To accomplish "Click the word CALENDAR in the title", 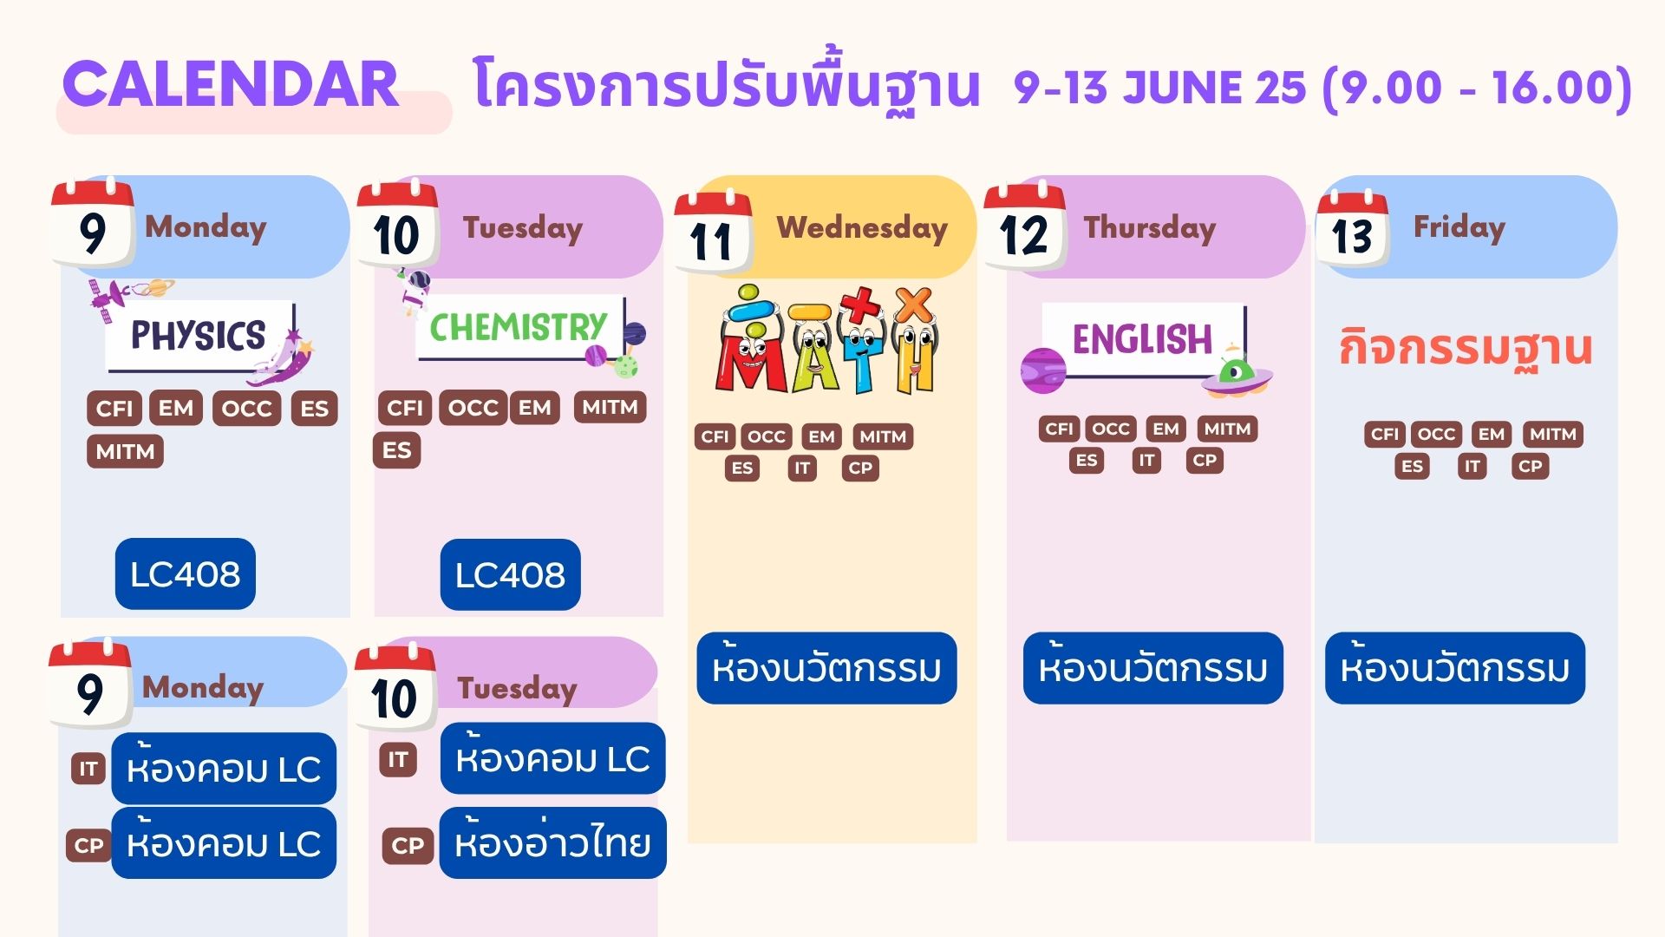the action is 231,84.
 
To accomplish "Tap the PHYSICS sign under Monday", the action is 199,336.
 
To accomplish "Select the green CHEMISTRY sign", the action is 519,327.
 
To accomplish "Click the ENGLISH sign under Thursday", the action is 1143,339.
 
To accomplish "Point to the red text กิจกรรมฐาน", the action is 1466,348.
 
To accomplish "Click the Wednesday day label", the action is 862,228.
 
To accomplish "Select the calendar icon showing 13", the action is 1353,228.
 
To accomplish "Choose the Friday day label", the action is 1459,227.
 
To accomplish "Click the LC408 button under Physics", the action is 186,573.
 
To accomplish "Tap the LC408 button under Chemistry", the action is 511,574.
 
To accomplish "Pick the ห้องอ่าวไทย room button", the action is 553,842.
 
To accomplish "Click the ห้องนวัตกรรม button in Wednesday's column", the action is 827,668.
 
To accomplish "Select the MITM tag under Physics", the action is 125,451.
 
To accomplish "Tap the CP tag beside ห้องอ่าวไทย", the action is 408,846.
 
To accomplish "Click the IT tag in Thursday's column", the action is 1146,460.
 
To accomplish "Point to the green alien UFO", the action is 1237,374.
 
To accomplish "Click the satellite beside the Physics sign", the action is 109,296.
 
